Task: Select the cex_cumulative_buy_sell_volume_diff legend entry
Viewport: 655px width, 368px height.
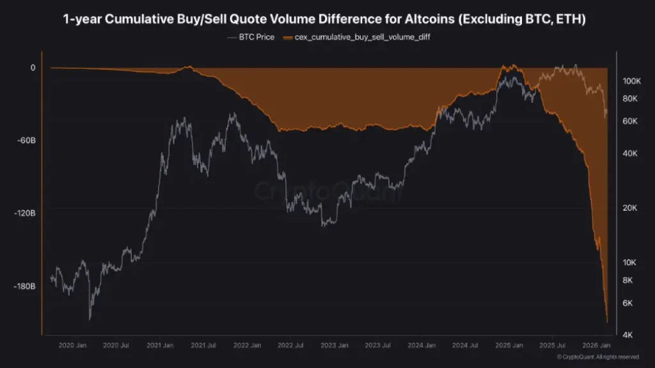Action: click(361, 37)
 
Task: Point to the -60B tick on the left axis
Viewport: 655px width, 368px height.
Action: click(27, 140)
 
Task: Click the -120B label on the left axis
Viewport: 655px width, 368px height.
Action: click(25, 213)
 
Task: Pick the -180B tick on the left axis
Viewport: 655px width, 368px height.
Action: click(25, 286)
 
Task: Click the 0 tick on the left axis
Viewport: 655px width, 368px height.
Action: click(33, 67)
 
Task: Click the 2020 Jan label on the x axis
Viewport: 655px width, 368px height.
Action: click(72, 345)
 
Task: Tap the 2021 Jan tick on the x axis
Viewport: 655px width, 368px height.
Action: click(159, 345)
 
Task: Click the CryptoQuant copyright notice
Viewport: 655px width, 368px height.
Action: click(597, 357)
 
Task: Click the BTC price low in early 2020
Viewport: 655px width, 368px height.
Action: click(90, 319)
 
